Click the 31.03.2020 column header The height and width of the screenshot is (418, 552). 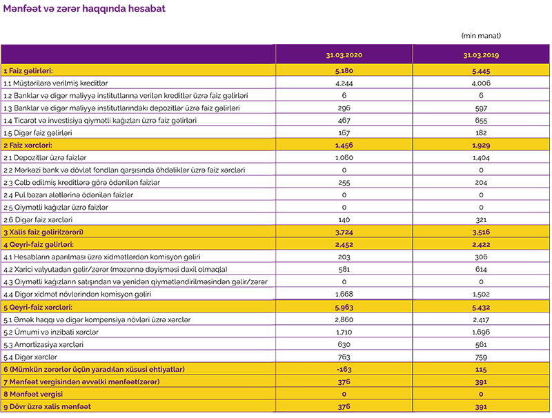[x=344, y=54]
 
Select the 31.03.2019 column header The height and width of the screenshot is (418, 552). [x=481, y=54]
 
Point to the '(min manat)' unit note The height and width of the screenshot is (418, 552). [x=481, y=35]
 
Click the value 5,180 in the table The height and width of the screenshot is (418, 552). [x=344, y=70]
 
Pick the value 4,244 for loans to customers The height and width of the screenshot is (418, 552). [x=344, y=83]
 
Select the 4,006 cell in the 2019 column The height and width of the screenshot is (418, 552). [x=481, y=83]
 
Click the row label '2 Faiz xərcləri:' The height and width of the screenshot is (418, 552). [x=28, y=146]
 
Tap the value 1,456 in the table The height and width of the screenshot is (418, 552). [x=344, y=146]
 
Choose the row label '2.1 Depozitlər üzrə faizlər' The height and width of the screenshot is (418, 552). [x=45, y=158]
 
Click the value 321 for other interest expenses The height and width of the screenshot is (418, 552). [x=481, y=220]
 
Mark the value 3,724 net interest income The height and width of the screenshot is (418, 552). [x=344, y=232]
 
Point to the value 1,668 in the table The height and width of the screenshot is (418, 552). [x=344, y=294]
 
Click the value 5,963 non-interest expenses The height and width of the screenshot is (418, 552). [x=344, y=307]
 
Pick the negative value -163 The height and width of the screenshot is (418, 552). [x=344, y=369]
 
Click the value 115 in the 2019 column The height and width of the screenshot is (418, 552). [x=481, y=369]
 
